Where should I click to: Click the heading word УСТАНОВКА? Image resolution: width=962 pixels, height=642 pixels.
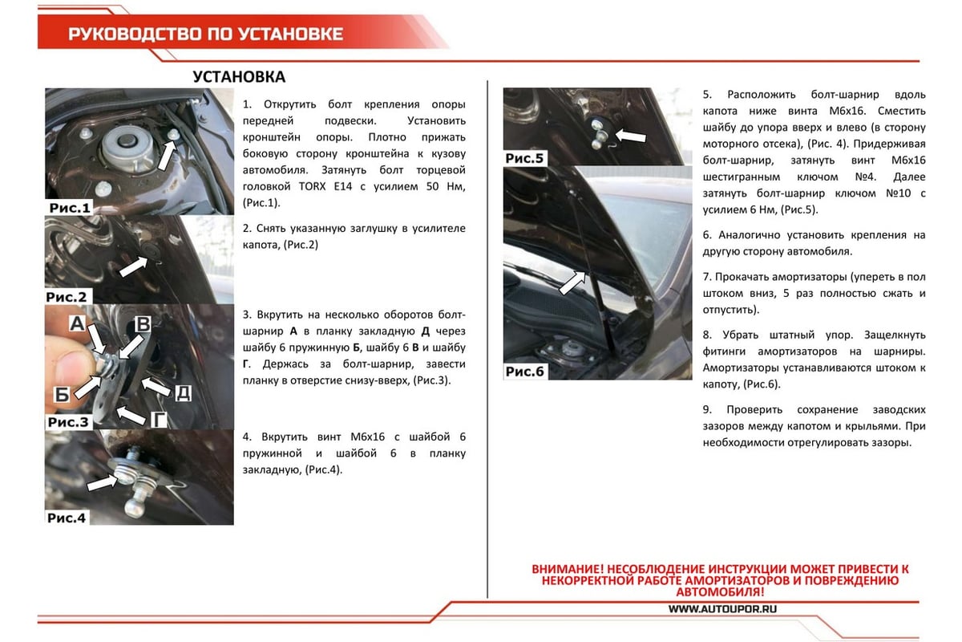click(239, 77)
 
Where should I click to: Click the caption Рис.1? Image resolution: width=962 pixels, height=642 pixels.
click(70, 208)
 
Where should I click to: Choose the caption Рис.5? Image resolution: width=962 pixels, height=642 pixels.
click(524, 158)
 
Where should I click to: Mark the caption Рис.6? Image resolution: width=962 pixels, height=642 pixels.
click(524, 372)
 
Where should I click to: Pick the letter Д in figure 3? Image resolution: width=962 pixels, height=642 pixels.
click(183, 392)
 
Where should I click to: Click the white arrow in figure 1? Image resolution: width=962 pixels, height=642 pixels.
click(164, 154)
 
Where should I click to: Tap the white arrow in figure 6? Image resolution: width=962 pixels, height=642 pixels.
click(570, 283)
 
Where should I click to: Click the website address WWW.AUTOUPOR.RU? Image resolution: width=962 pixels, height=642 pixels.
click(723, 608)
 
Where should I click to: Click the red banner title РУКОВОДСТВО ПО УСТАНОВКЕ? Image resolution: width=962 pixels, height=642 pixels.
click(205, 34)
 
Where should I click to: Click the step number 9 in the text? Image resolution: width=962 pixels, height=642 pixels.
click(706, 409)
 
